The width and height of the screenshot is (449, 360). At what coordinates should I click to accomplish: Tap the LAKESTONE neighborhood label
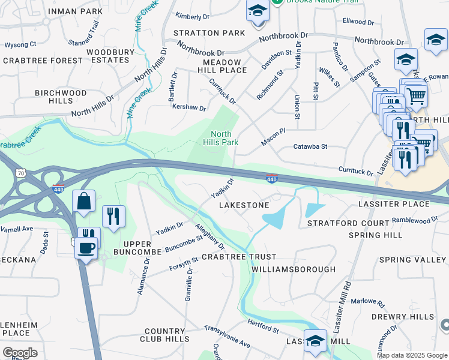pyautogui.click(x=244, y=205)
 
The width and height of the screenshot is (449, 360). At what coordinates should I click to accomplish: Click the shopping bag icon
pyautogui.click(x=84, y=202)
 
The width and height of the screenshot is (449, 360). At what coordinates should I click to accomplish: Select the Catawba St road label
pyautogui.click(x=310, y=146)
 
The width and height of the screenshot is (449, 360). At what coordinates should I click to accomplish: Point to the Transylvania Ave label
pyautogui.click(x=227, y=337)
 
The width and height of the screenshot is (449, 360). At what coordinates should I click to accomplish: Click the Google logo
pyautogui.click(x=20, y=353)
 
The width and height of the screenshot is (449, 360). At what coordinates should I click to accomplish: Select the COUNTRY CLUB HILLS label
pyautogui.click(x=164, y=335)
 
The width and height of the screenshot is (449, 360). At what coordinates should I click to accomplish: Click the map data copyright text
pyautogui.click(x=412, y=355)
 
